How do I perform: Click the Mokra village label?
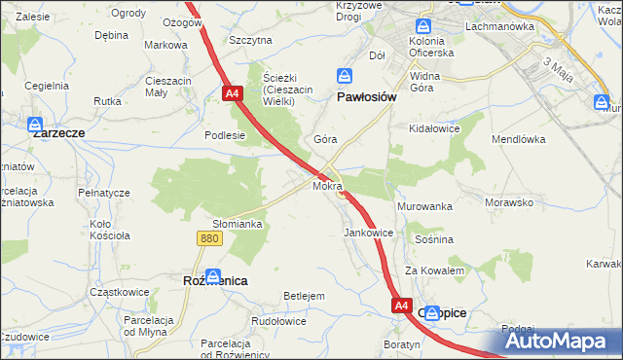(327, 185)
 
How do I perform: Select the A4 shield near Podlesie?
(232, 93)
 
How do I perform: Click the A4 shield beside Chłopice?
(402, 306)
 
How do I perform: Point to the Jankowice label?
(368, 234)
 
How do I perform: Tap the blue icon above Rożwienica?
(213, 276)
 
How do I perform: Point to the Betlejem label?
(303, 295)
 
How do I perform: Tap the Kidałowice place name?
(434, 127)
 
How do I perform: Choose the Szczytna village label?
(250, 40)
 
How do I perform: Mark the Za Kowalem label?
(435, 270)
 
